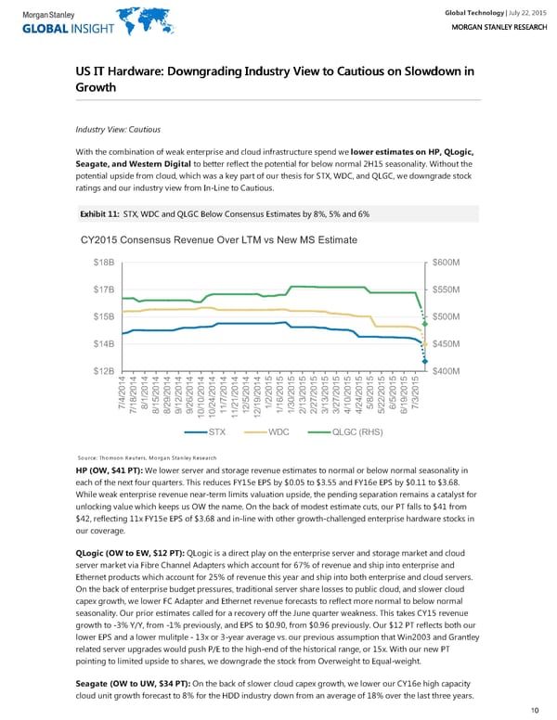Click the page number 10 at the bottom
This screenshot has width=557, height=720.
535,710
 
